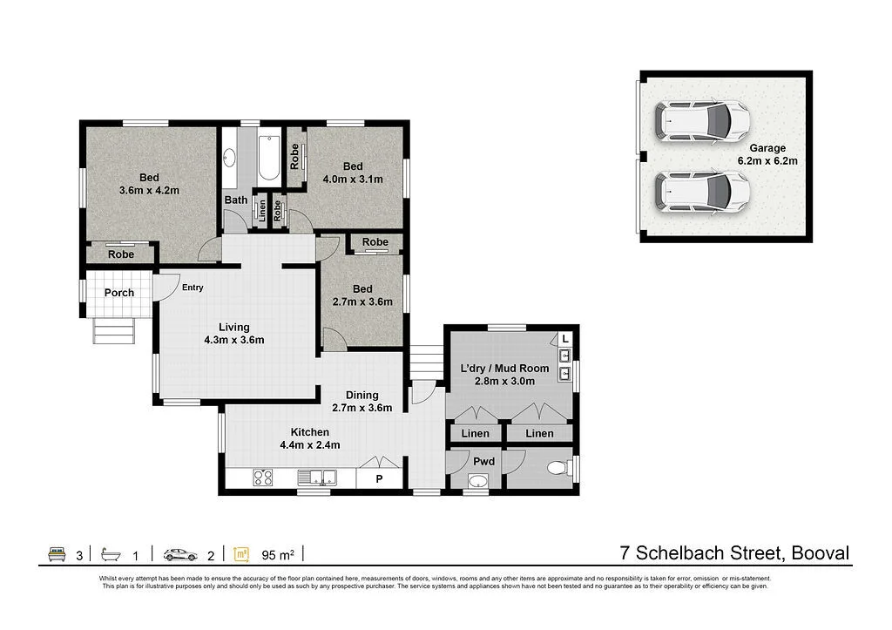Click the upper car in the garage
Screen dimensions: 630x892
tap(702, 121)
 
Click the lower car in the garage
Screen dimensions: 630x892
tap(702, 191)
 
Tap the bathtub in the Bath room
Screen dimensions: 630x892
tap(268, 158)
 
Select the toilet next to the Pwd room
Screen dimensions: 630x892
tap(557, 469)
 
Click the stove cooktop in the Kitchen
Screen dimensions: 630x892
tap(262, 477)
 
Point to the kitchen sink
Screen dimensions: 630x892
tap(317, 477)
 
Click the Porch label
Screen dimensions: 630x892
tap(119, 293)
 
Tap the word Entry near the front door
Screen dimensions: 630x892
tap(193, 288)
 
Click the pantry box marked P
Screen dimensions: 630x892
tap(380, 478)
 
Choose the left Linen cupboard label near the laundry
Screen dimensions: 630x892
tap(475, 433)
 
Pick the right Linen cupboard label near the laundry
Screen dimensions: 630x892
tap(539, 433)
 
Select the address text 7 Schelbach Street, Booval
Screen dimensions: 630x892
tap(733, 552)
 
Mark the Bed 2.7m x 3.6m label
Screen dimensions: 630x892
tap(362, 295)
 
